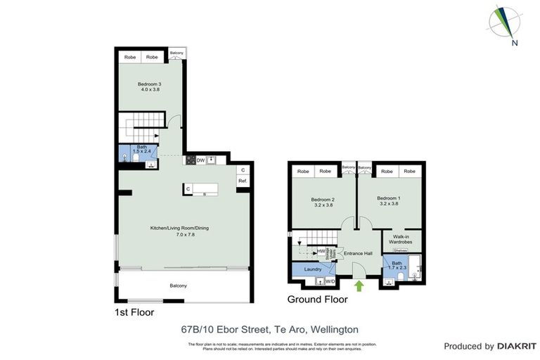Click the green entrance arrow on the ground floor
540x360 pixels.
[x=360, y=285]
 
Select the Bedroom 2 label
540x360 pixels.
[x=323, y=202]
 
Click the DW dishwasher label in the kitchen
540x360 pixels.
[x=200, y=160]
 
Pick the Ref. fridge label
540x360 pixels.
[x=242, y=181]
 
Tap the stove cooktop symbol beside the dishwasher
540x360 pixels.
[x=189, y=160]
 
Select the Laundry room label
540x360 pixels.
[x=312, y=269]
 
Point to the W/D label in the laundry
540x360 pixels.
[x=330, y=282]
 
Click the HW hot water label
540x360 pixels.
[x=321, y=251]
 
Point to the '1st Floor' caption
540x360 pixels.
[x=134, y=311]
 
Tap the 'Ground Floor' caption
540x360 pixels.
[x=317, y=299]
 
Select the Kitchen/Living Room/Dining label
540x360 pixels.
[x=179, y=231]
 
